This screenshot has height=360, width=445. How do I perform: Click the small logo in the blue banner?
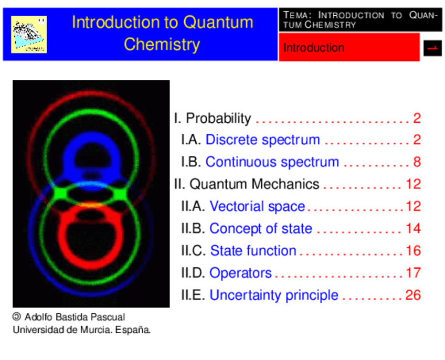pyautogui.click(x=29, y=34)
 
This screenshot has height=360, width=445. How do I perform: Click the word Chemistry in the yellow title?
pyautogui.click(x=162, y=45)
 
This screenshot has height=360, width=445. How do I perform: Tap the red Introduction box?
pyautogui.click(x=349, y=47)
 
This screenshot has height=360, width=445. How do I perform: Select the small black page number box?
pyautogui.click(x=432, y=48)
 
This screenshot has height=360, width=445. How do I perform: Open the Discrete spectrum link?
pyautogui.click(x=262, y=140)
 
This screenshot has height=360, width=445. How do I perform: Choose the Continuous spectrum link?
pyautogui.click(x=272, y=162)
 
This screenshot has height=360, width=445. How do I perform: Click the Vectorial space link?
pyautogui.click(x=257, y=206)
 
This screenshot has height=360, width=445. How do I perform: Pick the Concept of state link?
pyautogui.click(x=261, y=228)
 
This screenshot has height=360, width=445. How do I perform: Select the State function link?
pyautogui.click(x=253, y=250)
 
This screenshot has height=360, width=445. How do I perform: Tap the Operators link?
pyautogui.click(x=241, y=273)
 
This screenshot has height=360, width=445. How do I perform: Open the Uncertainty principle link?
pyautogui.click(x=274, y=295)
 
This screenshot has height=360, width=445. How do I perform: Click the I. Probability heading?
pyautogui.click(x=213, y=118)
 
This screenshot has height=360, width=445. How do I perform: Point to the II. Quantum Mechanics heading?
pyautogui.click(x=247, y=184)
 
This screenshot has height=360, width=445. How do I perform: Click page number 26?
pyautogui.click(x=413, y=295)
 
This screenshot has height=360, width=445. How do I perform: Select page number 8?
pyautogui.click(x=417, y=162)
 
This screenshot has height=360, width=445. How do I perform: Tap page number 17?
pyautogui.click(x=413, y=273)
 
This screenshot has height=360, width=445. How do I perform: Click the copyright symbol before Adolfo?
pyautogui.click(x=17, y=316)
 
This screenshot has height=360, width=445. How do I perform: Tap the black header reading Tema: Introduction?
pyautogui.click(x=361, y=19)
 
